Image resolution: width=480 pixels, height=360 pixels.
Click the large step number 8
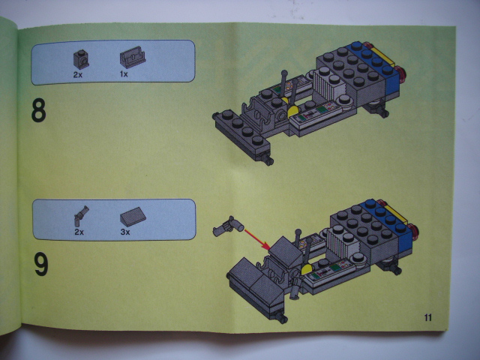click(38, 110)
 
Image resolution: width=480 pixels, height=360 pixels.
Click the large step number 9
click(41, 265)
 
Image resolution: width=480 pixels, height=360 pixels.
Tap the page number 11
click(428, 318)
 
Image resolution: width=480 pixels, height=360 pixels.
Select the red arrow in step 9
click(256, 238)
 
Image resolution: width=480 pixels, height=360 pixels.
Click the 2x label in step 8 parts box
click(78, 75)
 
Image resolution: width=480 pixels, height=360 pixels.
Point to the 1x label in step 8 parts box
click(124, 74)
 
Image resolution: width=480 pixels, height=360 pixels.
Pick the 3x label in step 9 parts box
click(125, 232)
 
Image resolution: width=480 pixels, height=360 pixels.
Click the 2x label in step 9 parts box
click(79, 232)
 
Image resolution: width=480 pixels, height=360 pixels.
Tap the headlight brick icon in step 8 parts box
click(81, 59)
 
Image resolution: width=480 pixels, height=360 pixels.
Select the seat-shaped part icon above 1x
click(132, 57)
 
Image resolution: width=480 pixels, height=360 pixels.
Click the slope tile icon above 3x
click(133, 217)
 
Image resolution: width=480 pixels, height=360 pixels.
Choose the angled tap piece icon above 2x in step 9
click(81, 215)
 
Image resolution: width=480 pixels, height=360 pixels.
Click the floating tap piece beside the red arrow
click(228, 226)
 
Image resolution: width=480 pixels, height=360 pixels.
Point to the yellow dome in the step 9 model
click(307, 269)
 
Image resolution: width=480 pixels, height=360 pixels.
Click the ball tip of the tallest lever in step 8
click(284, 73)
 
